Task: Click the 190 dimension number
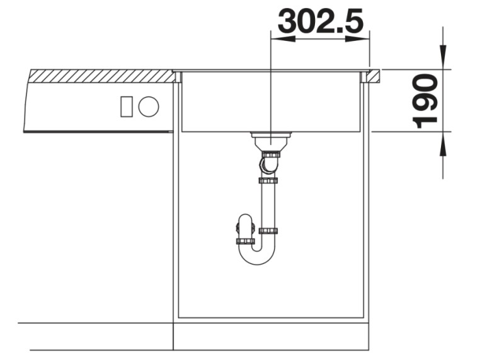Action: click(x=427, y=100)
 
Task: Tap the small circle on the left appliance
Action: click(x=149, y=107)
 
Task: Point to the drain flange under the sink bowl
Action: click(x=270, y=135)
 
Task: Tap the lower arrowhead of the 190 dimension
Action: click(x=444, y=143)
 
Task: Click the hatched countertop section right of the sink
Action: click(x=374, y=76)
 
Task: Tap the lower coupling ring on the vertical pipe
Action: click(x=269, y=231)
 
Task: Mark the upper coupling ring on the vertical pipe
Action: click(x=268, y=181)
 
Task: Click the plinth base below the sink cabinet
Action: click(x=271, y=336)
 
